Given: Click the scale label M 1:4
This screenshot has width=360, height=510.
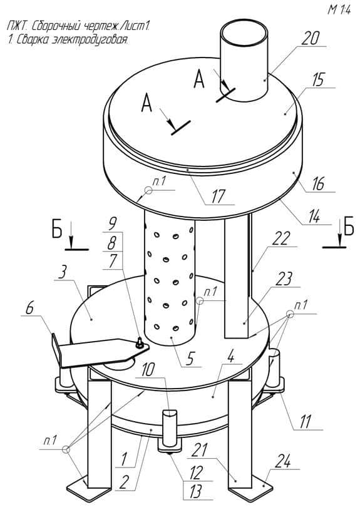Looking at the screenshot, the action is pyautogui.click(x=339, y=10).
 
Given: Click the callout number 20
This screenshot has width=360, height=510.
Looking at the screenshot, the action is pyautogui.click(x=310, y=39).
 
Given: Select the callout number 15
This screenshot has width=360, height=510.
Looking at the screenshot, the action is pyautogui.click(x=319, y=79).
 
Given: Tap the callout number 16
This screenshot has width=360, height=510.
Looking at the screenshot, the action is pyautogui.click(x=319, y=184).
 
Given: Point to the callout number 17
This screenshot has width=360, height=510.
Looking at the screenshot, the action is pyautogui.click(x=219, y=196).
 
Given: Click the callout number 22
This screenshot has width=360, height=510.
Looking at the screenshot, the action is pyautogui.click(x=280, y=239).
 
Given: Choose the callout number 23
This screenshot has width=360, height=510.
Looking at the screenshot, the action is pyautogui.click(x=284, y=279).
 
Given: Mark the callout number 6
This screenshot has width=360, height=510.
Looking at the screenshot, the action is pyautogui.click(x=29, y=308).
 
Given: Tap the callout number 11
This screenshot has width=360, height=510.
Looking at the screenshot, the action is pyautogui.click(x=306, y=422).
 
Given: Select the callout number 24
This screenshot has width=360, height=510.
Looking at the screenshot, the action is pyautogui.click(x=283, y=461).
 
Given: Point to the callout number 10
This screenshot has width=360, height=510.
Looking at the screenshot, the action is pyautogui.click(x=148, y=370).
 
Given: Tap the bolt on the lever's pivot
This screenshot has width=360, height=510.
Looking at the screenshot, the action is pyautogui.click(x=140, y=342).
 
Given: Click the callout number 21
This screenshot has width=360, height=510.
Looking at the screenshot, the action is pyautogui.click(x=198, y=450).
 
